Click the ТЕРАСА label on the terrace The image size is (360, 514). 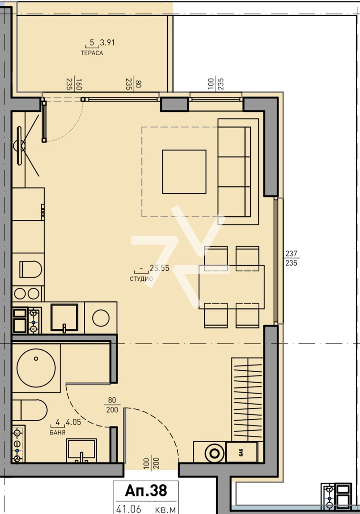[92, 53]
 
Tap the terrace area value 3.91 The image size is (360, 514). [108, 43]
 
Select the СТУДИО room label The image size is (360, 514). [141, 279]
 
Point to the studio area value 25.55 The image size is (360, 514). [159, 268]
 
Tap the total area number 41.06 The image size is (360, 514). [128, 509]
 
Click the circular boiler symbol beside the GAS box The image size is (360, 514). [214, 452]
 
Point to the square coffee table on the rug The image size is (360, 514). [184, 172]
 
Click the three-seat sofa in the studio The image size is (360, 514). [234, 171]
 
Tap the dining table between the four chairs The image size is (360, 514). [231, 287]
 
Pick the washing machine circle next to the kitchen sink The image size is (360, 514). [100, 317]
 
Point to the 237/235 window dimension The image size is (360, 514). [290, 258]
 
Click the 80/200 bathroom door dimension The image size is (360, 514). [112, 405]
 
